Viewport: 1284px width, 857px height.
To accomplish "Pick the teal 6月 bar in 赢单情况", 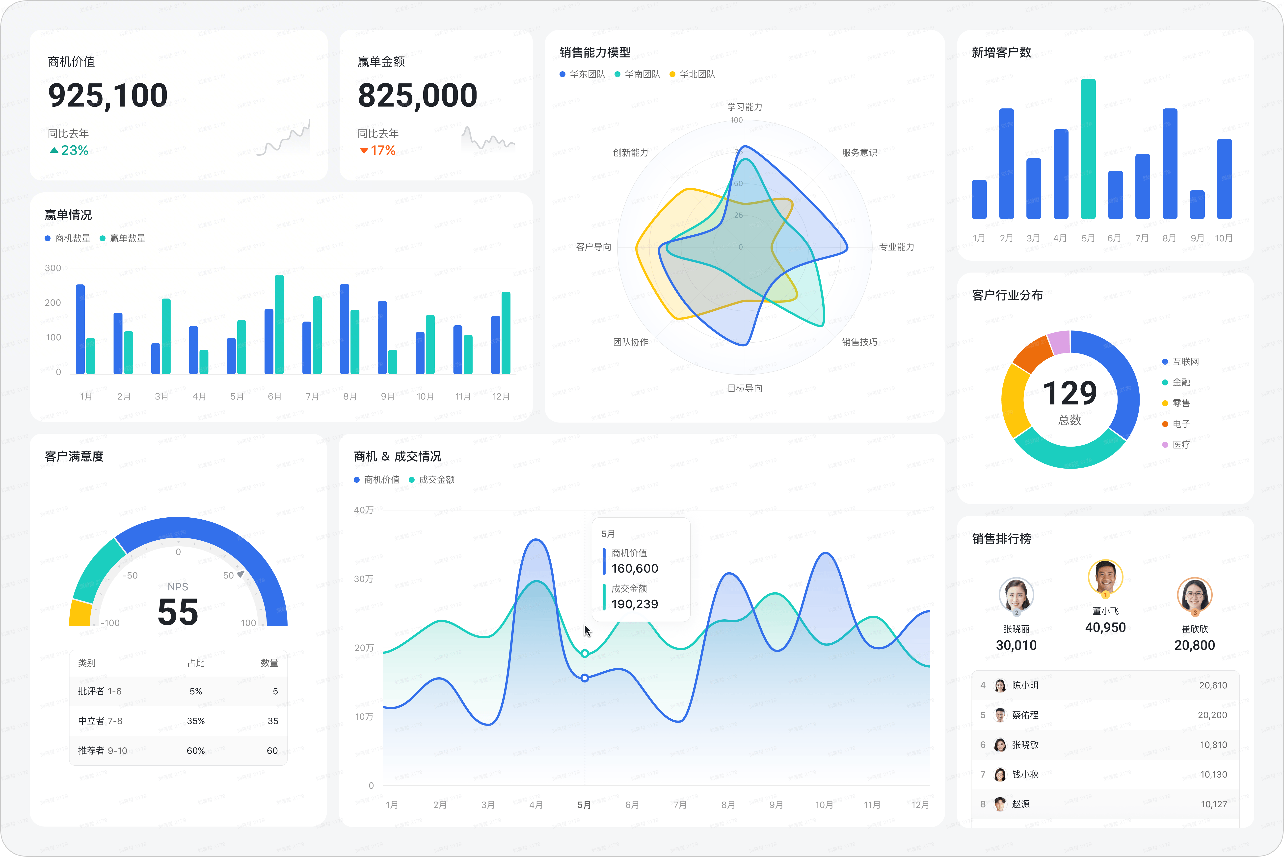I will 279,325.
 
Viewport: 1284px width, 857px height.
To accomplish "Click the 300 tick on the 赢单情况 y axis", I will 53,268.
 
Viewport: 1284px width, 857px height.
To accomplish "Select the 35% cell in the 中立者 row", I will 196,721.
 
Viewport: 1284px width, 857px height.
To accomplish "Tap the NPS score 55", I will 178,612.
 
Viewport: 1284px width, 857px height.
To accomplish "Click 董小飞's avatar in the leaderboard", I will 1105,577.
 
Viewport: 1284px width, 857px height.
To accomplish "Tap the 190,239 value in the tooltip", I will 634,604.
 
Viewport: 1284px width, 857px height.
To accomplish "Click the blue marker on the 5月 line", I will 585,678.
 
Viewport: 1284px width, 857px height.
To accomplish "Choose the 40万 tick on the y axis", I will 364,510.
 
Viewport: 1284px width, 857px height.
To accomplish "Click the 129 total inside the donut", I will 1070,394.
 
